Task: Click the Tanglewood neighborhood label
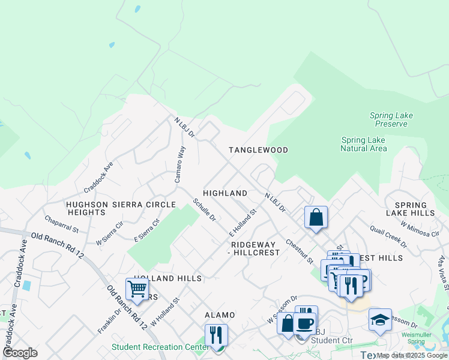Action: coord(258,150)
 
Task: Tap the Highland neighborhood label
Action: coord(225,193)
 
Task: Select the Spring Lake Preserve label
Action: coord(391,120)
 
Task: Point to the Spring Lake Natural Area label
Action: coord(363,144)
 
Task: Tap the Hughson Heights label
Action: coord(86,208)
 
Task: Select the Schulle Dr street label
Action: coord(204,210)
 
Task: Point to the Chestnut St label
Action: coord(300,252)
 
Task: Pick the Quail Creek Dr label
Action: coord(388,236)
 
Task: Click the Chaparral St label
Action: coord(61,224)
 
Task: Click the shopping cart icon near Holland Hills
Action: coord(137,289)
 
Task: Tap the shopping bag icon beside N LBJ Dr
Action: coord(316,217)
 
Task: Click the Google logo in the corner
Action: coord(20,353)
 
